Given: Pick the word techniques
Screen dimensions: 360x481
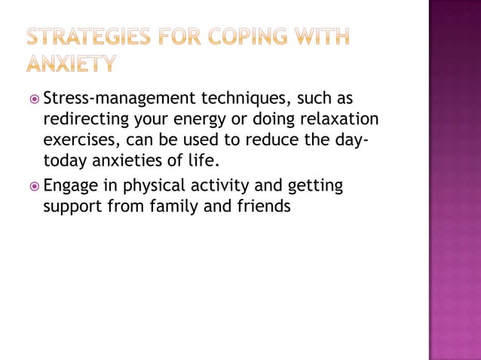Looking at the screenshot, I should tap(247, 99).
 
